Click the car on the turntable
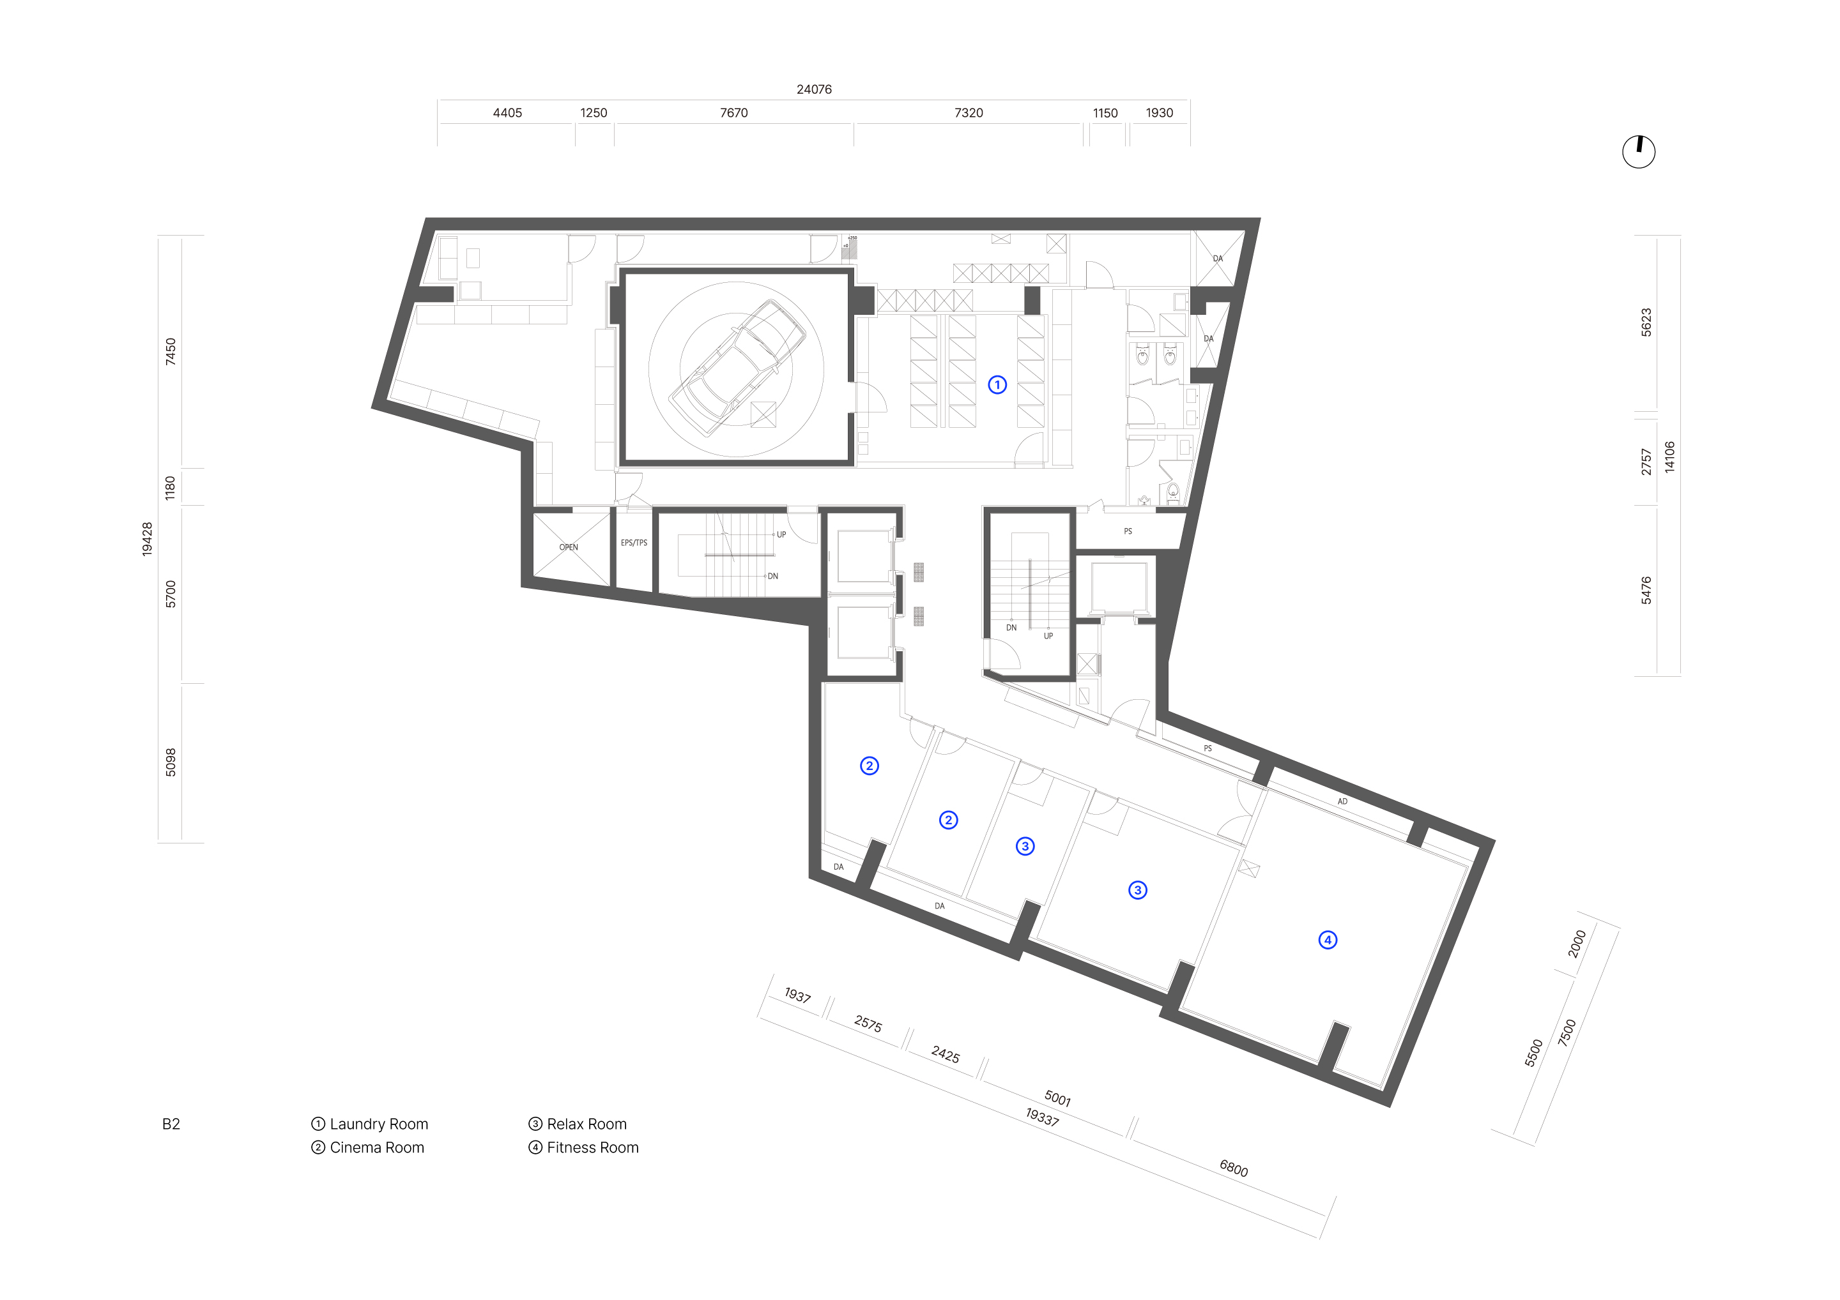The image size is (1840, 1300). click(737, 368)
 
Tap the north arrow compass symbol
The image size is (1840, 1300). click(1638, 151)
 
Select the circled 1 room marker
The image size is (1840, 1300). click(997, 385)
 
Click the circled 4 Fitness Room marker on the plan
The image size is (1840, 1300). click(1327, 939)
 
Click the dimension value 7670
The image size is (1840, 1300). click(733, 113)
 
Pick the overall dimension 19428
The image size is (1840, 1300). click(147, 539)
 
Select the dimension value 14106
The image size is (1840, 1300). click(1669, 457)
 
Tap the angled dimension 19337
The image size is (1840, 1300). click(1042, 1117)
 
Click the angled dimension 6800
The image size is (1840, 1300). click(1233, 1168)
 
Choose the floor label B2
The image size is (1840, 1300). click(171, 1124)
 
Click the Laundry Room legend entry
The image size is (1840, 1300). click(369, 1124)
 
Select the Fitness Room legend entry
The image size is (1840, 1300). click(583, 1148)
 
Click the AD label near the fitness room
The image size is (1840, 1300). click(1342, 801)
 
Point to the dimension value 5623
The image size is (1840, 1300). click(1646, 322)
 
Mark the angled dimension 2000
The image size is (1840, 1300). click(1576, 944)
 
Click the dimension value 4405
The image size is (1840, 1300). click(507, 113)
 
